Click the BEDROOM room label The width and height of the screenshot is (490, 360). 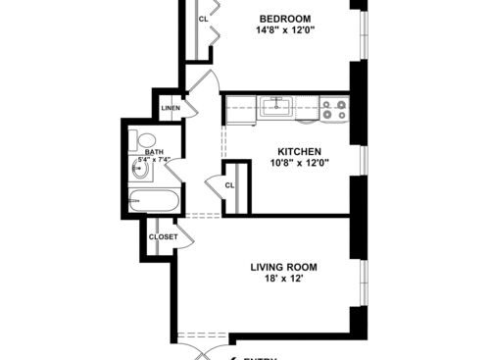click(285, 19)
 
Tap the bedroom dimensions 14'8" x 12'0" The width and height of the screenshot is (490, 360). click(285, 30)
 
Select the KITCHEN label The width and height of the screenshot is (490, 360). click(299, 151)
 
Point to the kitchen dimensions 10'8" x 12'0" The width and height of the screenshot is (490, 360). click(299, 163)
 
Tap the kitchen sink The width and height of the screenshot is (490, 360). click(278, 106)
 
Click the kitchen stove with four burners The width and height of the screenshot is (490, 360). click(334, 109)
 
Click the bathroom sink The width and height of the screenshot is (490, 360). click(139, 171)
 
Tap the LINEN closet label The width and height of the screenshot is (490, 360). click(171, 108)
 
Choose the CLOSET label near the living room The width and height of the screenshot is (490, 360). click(163, 236)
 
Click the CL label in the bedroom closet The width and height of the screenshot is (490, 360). click(204, 20)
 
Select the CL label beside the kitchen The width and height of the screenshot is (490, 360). click(230, 184)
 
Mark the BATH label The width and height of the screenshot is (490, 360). click(154, 152)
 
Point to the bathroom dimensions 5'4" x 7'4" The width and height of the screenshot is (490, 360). click(158, 160)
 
